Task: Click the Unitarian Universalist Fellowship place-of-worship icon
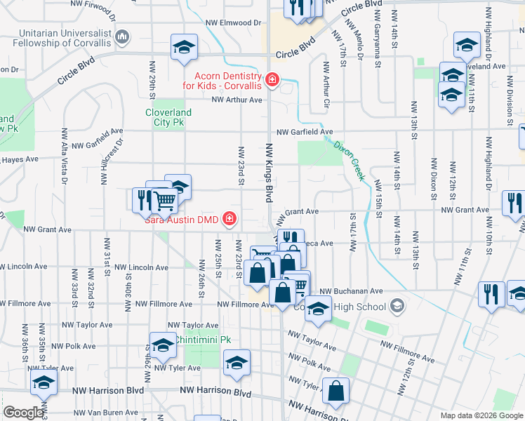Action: [x=123, y=36]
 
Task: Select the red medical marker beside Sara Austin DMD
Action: [x=229, y=220]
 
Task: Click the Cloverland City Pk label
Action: [x=168, y=116]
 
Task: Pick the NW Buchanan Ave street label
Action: [x=351, y=290]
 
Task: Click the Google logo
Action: [x=23, y=413]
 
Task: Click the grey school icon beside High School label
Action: [x=397, y=306]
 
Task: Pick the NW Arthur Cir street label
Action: [x=326, y=83]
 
